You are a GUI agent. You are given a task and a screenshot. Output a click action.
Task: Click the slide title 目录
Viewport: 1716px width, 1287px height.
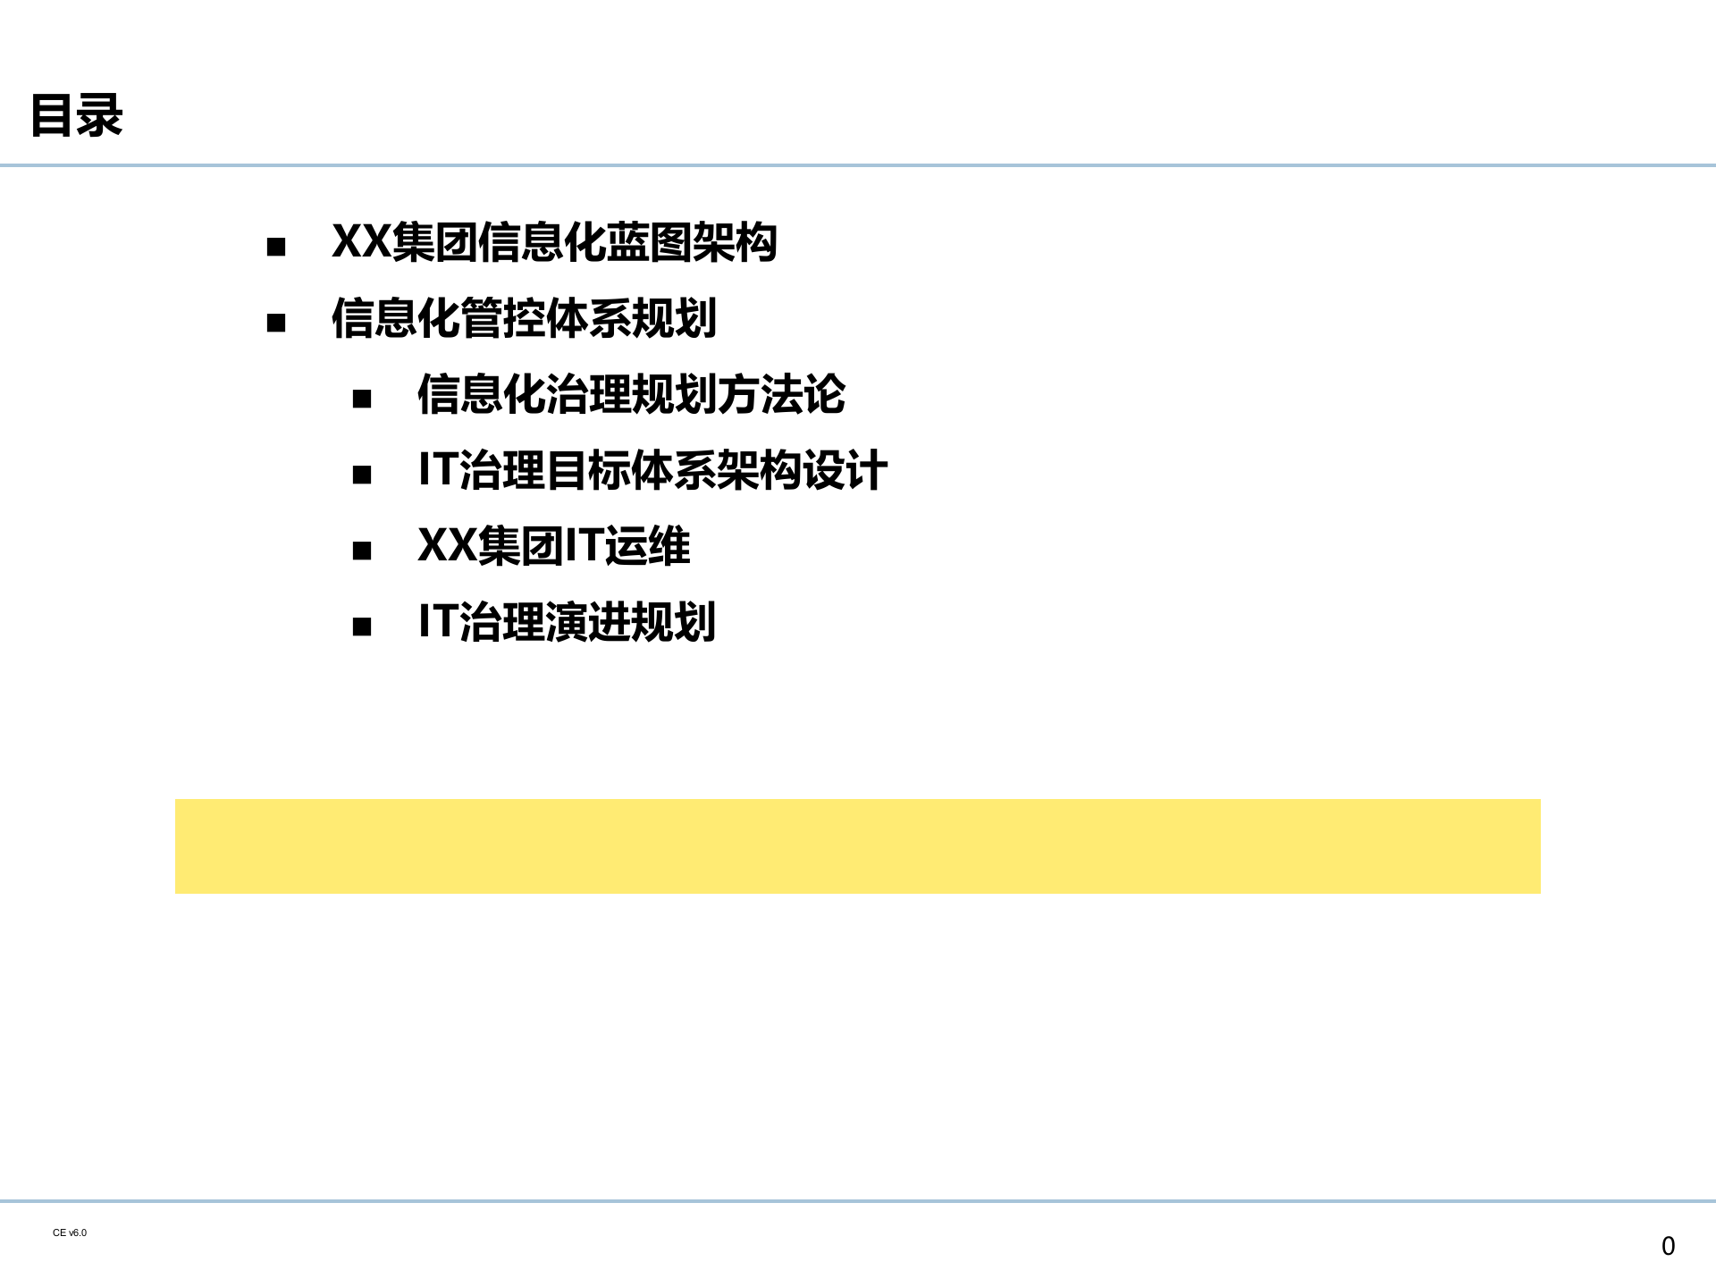tap(77, 115)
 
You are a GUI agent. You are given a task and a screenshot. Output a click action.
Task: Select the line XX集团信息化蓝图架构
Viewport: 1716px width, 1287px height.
tap(554, 242)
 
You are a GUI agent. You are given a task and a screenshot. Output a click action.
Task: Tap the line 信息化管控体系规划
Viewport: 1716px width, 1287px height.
tap(524, 318)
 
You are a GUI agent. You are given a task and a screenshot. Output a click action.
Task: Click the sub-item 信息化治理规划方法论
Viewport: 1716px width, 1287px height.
tap(631, 394)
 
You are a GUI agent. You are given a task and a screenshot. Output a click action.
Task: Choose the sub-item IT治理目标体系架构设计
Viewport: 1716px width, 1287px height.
tap(652, 470)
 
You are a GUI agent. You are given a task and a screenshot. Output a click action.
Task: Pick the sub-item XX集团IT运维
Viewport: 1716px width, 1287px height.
tap(554, 546)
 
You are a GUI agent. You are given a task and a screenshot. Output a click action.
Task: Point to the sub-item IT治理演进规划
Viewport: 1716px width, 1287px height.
tap(567, 622)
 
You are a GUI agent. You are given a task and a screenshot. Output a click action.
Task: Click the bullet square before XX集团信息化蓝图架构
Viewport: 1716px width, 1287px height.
tap(276, 247)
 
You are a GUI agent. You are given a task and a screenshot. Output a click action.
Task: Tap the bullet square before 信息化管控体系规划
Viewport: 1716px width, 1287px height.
tap(276, 323)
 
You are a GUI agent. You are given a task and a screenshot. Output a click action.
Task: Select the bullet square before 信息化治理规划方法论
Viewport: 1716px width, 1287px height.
tap(362, 399)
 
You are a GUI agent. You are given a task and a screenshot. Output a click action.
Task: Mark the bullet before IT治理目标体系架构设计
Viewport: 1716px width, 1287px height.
tap(362, 475)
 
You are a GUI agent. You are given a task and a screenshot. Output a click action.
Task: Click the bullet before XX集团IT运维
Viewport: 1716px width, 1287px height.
tap(362, 551)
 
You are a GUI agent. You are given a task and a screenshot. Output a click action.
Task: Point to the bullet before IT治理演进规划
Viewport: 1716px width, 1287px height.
tap(362, 627)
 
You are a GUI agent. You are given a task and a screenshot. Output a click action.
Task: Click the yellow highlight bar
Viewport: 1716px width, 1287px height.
tap(858, 846)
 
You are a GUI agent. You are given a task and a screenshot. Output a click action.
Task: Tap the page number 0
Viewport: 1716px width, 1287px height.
tap(1668, 1246)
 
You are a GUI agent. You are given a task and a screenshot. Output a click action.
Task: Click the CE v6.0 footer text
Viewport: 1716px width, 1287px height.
tap(70, 1232)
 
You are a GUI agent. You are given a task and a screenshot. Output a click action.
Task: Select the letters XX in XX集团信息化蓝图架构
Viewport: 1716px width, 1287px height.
tap(361, 241)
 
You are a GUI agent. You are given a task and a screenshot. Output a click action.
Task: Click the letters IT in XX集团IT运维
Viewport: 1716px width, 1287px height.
tap(585, 545)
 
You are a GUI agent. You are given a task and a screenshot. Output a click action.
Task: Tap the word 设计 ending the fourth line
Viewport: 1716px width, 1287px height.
tap(845, 470)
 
